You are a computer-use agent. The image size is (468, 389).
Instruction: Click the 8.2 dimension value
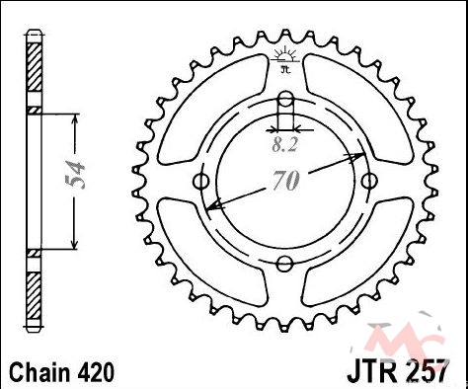[x=285, y=144]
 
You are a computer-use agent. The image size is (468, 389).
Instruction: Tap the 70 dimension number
[x=286, y=181]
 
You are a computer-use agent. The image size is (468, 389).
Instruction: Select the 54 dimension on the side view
[x=76, y=175]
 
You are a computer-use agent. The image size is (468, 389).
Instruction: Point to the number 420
[x=97, y=372]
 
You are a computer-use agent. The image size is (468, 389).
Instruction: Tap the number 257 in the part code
[x=427, y=372]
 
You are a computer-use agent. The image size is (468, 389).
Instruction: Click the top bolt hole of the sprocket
[x=285, y=99]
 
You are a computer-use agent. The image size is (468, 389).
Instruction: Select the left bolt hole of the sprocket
[x=201, y=181]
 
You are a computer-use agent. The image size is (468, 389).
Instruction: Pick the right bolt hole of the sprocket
[x=369, y=181]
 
